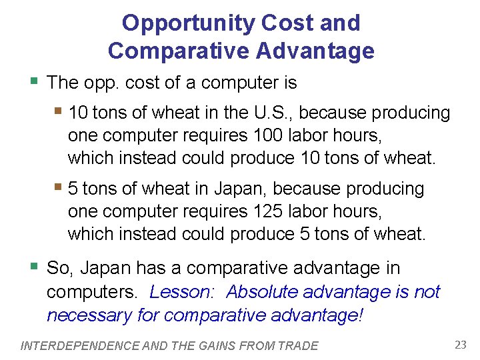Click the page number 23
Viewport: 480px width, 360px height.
(x=461, y=345)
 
